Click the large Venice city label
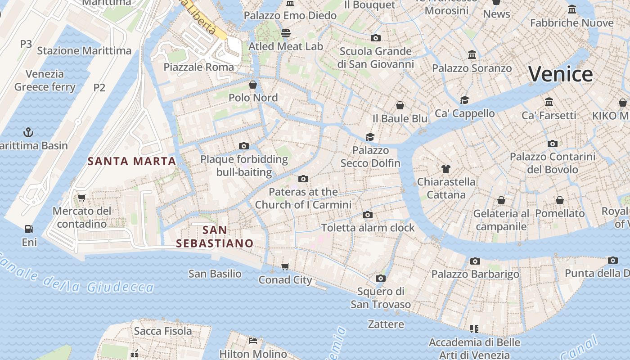click(x=560, y=74)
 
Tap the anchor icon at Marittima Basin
click(x=28, y=132)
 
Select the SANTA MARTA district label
click(x=131, y=161)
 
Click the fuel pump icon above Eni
click(x=29, y=229)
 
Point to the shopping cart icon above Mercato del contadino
click(x=81, y=198)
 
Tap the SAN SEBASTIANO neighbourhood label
click(x=215, y=237)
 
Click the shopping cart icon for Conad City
click(x=285, y=267)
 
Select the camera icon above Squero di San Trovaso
click(x=381, y=278)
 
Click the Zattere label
click(x=386, y=324)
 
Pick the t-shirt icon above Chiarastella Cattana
click(x=445, y=169)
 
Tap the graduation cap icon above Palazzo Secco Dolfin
click(x=370, y=137)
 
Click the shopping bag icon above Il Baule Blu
click(x=400, y=105)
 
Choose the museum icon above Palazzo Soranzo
click(x=472, y=55)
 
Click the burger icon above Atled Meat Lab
click(x=286, y=33)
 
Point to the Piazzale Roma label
click(x=198, y=67)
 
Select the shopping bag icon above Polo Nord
click(x=253, y=84)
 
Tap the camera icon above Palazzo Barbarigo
click(x=475, y=261)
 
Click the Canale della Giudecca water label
click(x=76, y=275)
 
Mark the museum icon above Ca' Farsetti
click(x=549, y=102)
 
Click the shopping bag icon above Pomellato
click(x=560, y=200)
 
